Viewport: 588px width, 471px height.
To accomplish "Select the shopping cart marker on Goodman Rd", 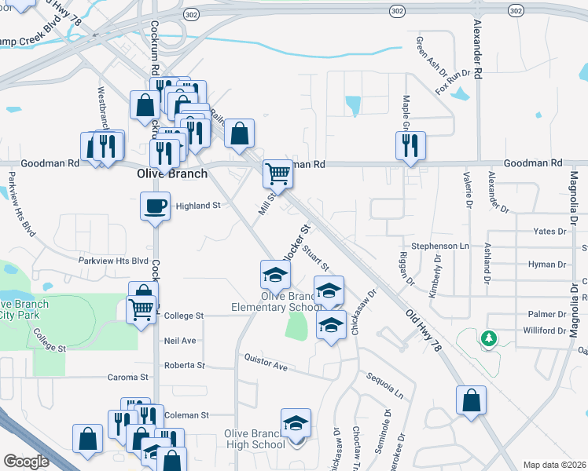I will pos(277,173).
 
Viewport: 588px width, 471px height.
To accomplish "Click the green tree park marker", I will pos(490,338).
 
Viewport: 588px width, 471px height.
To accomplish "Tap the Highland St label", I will pos(197,206).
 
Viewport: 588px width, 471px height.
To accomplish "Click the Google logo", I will pos(26,462).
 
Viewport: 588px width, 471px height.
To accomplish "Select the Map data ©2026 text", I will pos(554,465).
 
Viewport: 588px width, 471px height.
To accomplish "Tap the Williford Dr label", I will pos(542,331).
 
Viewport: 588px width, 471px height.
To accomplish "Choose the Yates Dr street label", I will pos(549,232).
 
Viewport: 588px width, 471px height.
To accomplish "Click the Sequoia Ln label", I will pos(389,383).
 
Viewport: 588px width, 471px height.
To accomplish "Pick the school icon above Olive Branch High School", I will pos(296,422).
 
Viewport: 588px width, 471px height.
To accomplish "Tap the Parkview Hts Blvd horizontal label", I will pos(113,261).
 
